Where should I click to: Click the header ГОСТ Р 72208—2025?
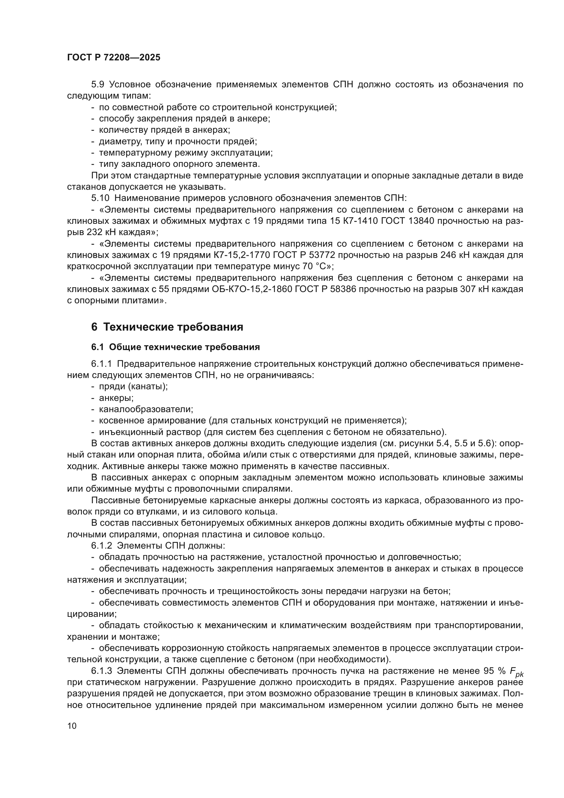coord(114,58)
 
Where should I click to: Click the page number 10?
coord(72,726)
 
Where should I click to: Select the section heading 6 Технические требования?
coord(167,327)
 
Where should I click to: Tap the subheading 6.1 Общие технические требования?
coord(175,347)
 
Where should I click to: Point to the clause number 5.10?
coord(100,198)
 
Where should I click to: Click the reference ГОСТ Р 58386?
coord(325,289)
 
